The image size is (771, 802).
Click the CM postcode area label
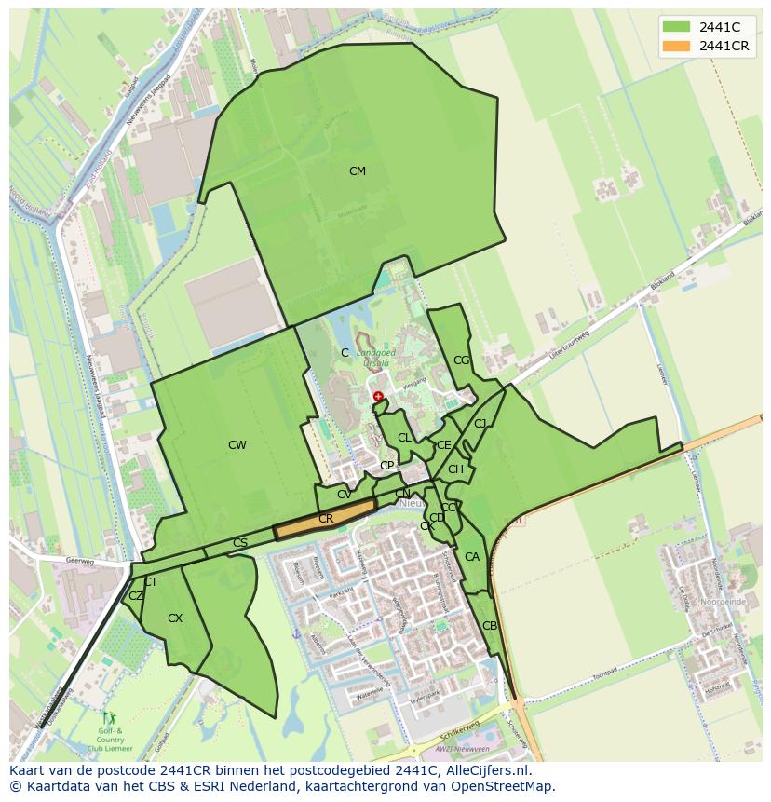tap(357, 171)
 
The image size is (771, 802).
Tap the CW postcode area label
tap(237, 445)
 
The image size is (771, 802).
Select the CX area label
tap(175, 618)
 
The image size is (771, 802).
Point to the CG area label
tap(461, 360)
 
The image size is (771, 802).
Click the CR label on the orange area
tap(326, 519)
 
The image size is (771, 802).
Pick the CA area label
tap(472, 557)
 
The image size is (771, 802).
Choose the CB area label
tap(490, 626)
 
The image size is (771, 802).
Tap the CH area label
tap(455, 469)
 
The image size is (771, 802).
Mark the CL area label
tap(404, 438)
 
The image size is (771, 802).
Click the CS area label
tap(240, 543)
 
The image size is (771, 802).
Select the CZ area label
tap(136, 596)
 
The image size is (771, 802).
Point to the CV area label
tap(345, 495)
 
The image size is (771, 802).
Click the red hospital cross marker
tap(378, 397)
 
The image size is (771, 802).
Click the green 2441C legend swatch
tap(676, 27)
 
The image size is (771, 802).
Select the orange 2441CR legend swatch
tap(676, 46)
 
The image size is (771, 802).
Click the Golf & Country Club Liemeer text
tap(111, 741)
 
